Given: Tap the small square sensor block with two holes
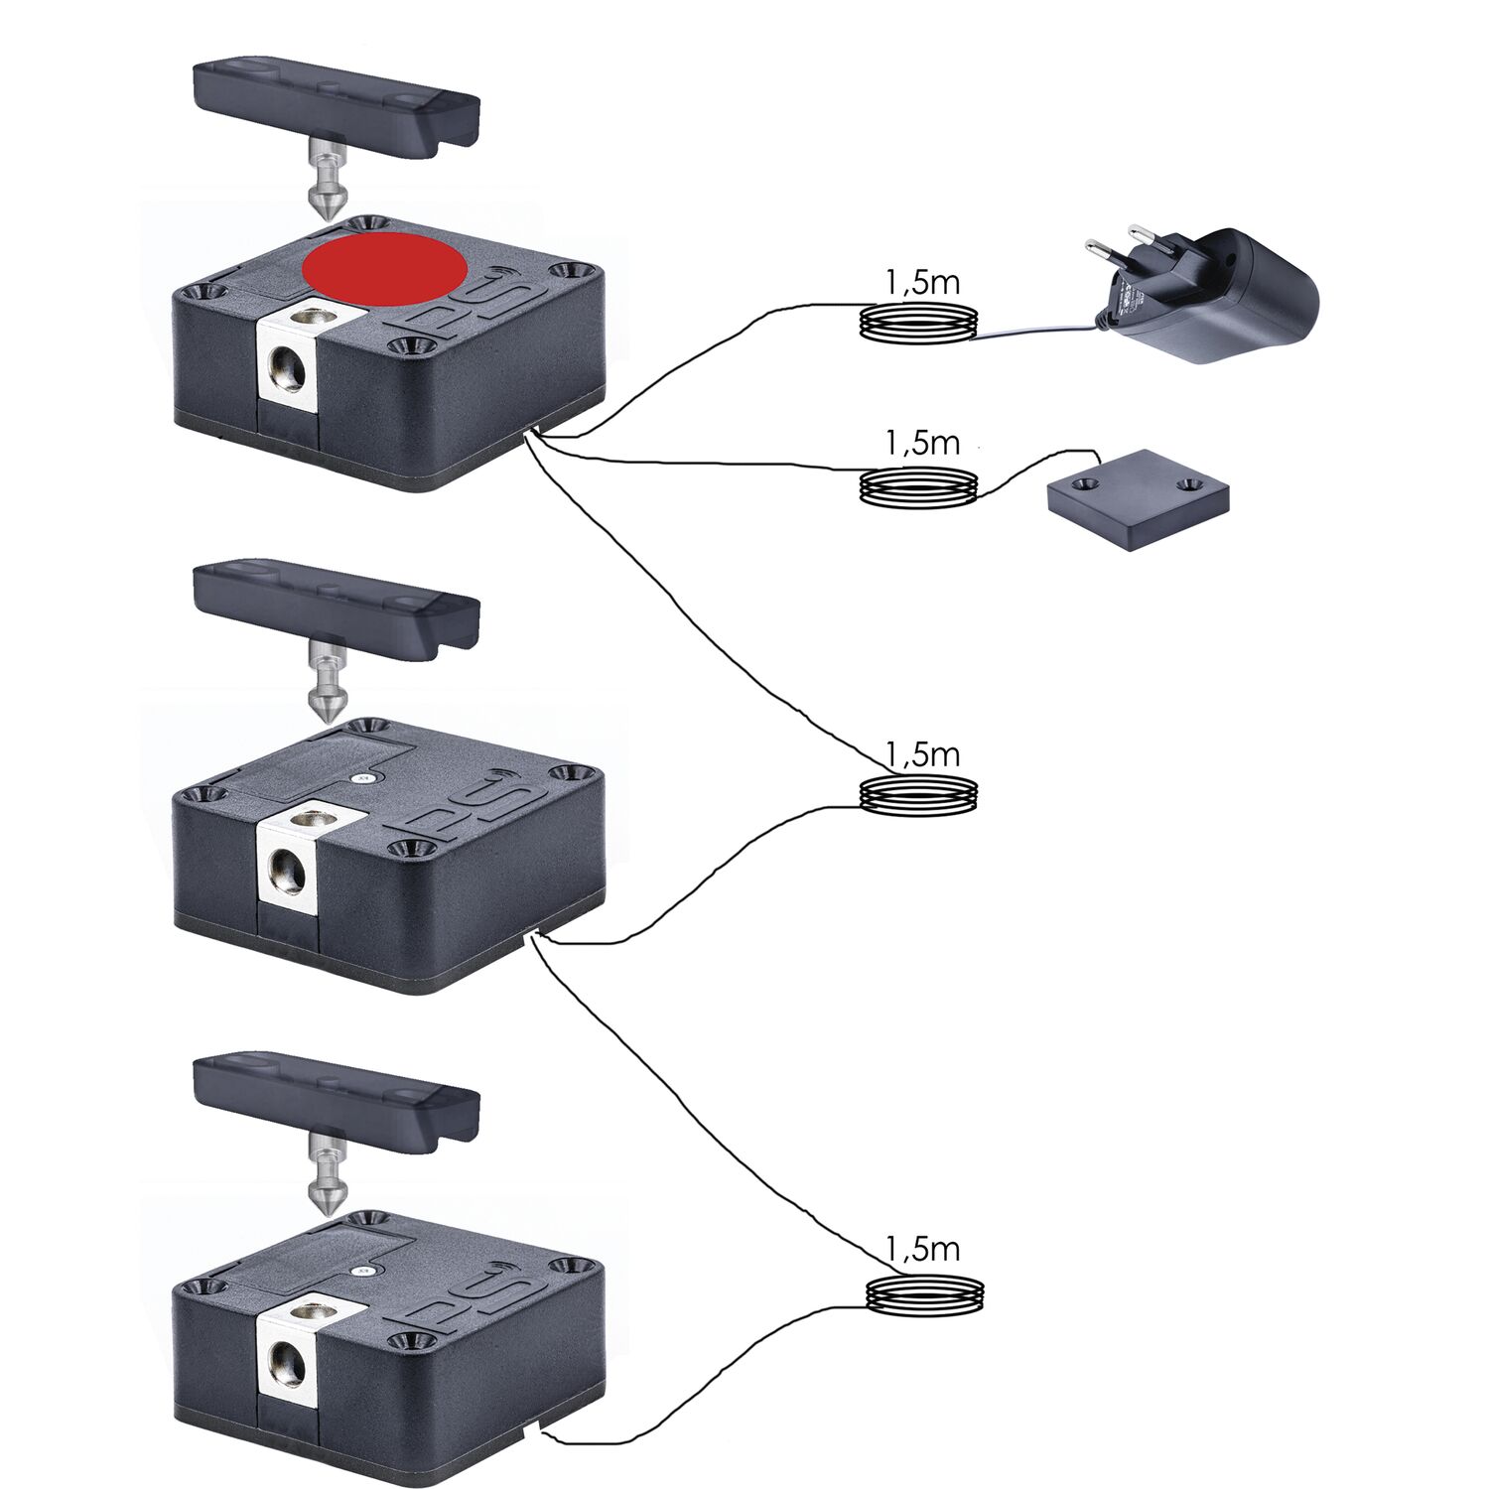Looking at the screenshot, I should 1139,494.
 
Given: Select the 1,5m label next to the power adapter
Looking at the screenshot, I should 922,283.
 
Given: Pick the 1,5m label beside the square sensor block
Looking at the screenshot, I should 922,443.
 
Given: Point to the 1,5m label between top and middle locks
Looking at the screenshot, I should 922,754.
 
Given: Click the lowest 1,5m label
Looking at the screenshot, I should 922,1249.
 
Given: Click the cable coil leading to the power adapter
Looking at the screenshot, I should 918,324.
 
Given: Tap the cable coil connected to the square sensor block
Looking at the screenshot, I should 918,487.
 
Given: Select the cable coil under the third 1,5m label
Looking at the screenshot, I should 918,795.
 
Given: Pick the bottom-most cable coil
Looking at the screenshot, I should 926,1293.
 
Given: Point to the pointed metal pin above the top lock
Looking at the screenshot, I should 325,183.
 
